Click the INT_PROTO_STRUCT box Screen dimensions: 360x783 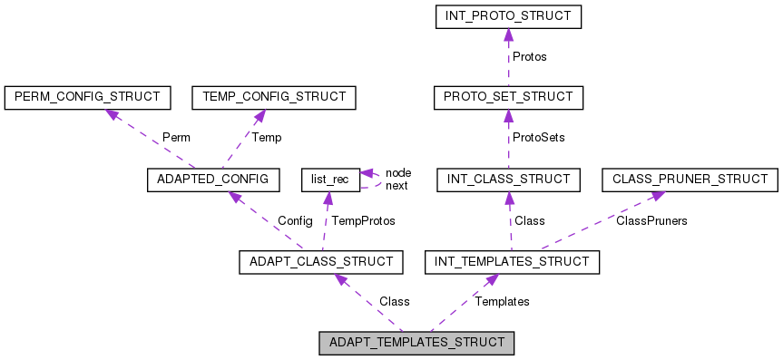tap(507, 16)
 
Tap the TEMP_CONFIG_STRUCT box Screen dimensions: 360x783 tap(273, 96)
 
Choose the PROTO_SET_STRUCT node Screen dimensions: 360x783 tap(507, 96)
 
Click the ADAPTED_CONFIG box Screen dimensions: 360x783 tap(214, 180)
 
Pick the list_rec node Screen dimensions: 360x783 tap(328, 180)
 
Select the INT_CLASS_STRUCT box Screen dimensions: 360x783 tap(507, 180)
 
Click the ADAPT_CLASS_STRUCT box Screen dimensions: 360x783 tap(320, 262)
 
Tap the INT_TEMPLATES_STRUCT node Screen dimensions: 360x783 tap(512, 262)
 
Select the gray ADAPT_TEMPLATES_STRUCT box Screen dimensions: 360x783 tap(417, 344)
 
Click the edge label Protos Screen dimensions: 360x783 tap(530, 56)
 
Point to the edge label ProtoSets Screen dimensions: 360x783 tap(539, 138)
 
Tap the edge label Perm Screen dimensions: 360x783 tap(176, 138)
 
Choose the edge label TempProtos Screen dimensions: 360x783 tap(363, 220)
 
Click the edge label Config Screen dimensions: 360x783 tap(295, 220)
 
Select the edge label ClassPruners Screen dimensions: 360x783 tap(651, 220)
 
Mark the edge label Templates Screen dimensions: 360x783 tap(502, 301)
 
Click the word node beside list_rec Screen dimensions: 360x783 tap(398, 172)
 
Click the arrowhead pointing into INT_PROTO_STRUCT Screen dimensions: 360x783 tap(507, 34)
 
